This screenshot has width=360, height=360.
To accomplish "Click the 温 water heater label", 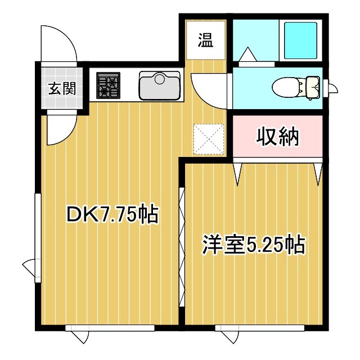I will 205,40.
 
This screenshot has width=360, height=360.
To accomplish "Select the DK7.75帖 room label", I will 112,214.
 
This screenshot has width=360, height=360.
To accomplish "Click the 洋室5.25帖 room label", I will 254,245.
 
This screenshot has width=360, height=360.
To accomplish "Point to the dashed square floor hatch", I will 209,138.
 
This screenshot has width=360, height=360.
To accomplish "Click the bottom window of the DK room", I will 110,327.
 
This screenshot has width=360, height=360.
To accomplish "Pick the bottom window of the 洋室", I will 259,327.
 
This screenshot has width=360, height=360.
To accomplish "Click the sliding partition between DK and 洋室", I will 182,247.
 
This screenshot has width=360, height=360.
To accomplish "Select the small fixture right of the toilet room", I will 331,88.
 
